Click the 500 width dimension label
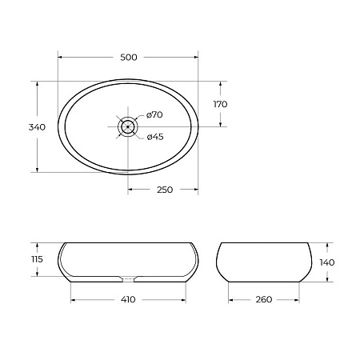point(128,57)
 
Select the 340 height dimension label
point(25,126)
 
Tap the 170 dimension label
point(221,104)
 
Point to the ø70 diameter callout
point(155,115)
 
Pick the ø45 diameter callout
point(155,136)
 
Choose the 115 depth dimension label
point(25,260)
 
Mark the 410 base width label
point(128,299)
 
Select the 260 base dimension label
point(263,299)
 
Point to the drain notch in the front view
point(128,279)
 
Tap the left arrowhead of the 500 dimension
point(62,56)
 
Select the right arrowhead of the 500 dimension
point(196,56)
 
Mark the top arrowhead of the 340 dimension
point(38,84)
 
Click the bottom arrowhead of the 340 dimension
point(38,170)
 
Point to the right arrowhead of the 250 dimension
point(196,189)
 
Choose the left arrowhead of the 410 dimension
point(74,299)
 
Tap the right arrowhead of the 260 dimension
point(296,299)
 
